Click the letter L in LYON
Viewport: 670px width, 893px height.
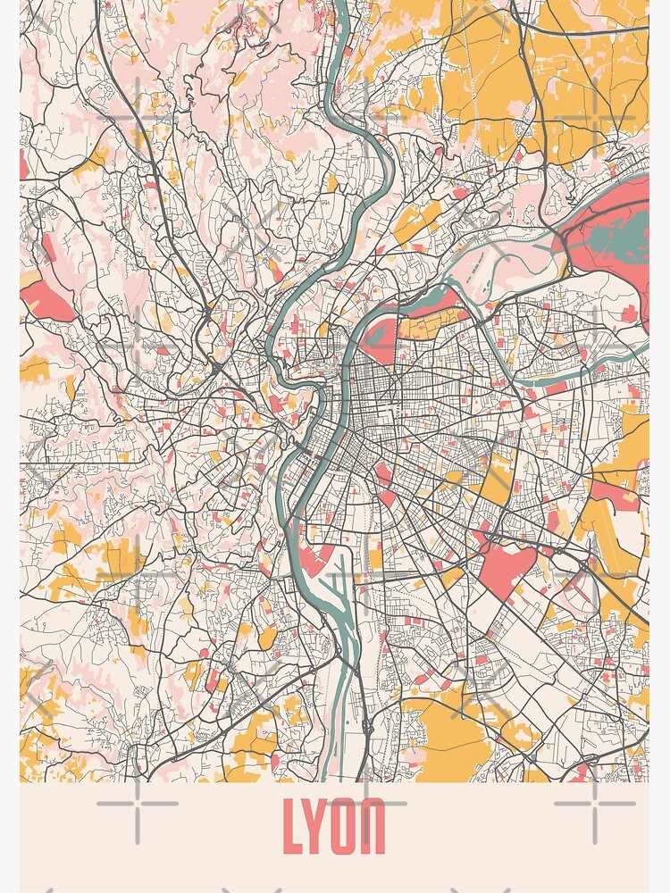[293, 826]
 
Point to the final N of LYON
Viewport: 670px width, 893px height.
[374, 826]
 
